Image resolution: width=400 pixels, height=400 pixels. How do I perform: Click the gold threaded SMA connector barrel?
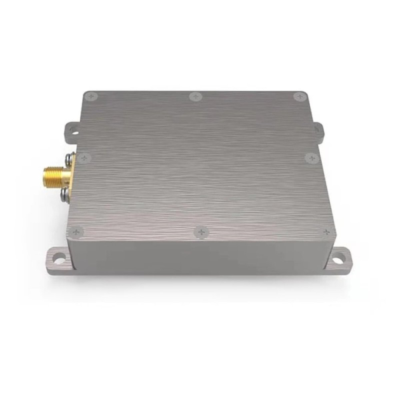(52, 175)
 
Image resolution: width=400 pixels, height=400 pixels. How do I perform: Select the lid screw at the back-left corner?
(92, 96)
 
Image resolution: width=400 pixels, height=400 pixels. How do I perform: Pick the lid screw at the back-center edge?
(195, 96)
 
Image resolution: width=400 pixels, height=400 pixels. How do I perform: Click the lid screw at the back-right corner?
(298, 96)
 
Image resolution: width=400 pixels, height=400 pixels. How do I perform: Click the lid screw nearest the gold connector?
(83, 158)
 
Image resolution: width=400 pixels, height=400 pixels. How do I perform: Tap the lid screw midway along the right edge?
(312, 158)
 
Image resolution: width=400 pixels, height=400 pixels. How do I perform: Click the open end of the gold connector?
(42, 174)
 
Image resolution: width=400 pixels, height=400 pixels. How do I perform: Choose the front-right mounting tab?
(340, 259)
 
